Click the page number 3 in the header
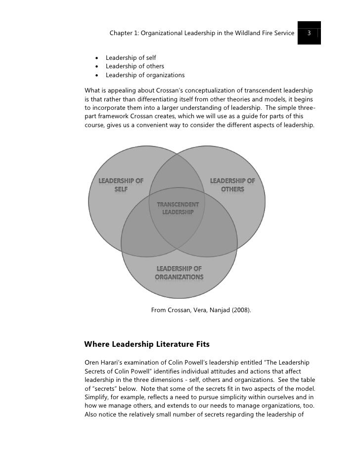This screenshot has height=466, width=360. pyautogui.click(x=309, y=34)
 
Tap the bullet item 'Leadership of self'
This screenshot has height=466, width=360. pyautogui.click(x=131, y=58)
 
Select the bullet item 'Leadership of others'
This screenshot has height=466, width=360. pyautogui.click(x=135, y=66)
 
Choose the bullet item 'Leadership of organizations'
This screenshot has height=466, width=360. pyautogui.click(x=145, y=75)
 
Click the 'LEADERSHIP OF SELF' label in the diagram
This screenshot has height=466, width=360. pyautogui.click(x=121, y=185)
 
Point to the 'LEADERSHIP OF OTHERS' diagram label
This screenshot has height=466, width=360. pyautogui.click(x=232, y=185)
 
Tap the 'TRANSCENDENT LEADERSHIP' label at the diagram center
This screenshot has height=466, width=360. pyautogui.click(x=178, y=208)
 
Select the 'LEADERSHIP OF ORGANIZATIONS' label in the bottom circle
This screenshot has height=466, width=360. pyautogui.click(x=179, y=273)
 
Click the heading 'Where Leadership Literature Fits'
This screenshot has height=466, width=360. pyautogui.click(x=147, y=343)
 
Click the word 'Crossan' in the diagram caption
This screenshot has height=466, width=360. pyautogui.click(x=181, y=311)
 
